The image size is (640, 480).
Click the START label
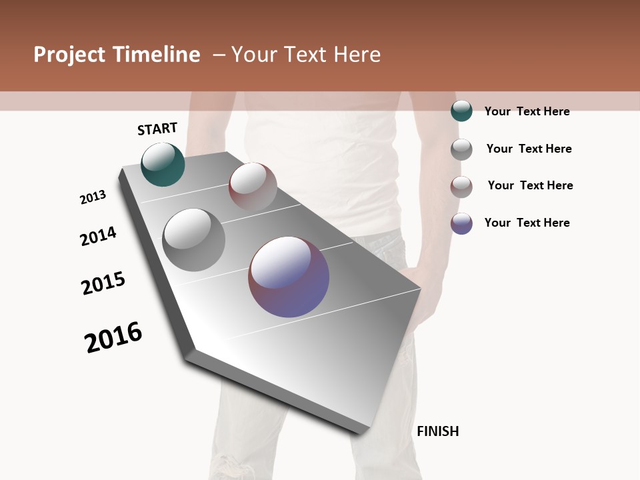[x=157, y=129]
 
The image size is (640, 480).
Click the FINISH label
[x=437, y=431]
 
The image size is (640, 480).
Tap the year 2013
[x=93, y=197]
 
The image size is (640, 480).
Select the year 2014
[x=98, y=236]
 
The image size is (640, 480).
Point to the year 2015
[x=103, y=283]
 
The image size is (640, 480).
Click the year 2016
[x=113, y=337]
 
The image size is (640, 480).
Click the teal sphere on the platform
[x=163, y=164]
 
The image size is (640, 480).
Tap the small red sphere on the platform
[x=253, y=187]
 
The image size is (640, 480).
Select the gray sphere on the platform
[x=194, y=239]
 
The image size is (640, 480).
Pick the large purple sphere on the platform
[x=289, y=277]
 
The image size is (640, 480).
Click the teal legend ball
[x=461, y=111]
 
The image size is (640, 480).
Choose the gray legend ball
[x=461, y=149]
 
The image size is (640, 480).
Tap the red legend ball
[x=461, y=186]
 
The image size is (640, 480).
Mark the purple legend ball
[x=461, y=223]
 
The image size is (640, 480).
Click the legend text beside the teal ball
[x=527, y=111]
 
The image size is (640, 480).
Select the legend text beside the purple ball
[x=527, y=223]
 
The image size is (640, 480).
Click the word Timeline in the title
[x=157, y=55]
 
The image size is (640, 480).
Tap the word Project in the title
[x=70, y=55]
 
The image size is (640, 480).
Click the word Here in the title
[x=357, y=55]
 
